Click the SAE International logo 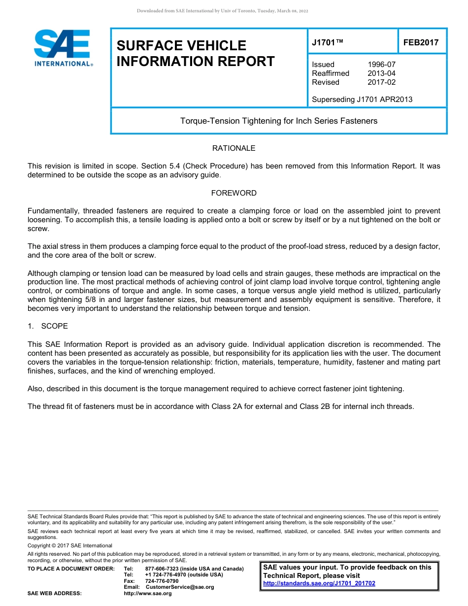pyautogui.click(x=63, y=48)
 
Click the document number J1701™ pyautogui.click(x=327, y=43)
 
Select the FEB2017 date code pyautogui.click(x=421, y=43)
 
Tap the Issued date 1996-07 pyautogui.click(x=381, y=65)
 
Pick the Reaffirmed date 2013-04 pyautogui.click(x=381, y=73)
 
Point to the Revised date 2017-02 pyautogui.click(x=381, y=82)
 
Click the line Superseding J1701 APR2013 pyautogui.click(x=362, y=100)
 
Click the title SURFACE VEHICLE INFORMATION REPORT pyautogui.click(x=196, y=53)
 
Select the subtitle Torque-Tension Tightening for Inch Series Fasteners pyautogui.click(x=279, y=121)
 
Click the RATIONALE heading pyautogui.click(x=234, y=148)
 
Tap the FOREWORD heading pyautogui.click(x=234, y=193)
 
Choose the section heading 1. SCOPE pyautogui.click(x=48, y=326)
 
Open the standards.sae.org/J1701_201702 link pyautogui.click(x=319, y=583)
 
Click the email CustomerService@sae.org pyautogui.click(x=180, y=587)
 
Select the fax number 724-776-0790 pyautogui.click(x=162, y=581)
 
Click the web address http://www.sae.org pyautogui.click(x=148, y=594)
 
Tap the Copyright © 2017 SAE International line pyautogui.click(x=70, y=545)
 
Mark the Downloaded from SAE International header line pyautogui.click(x=222, y=11)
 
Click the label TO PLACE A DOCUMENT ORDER pyautogui.click(x=71, y=569)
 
